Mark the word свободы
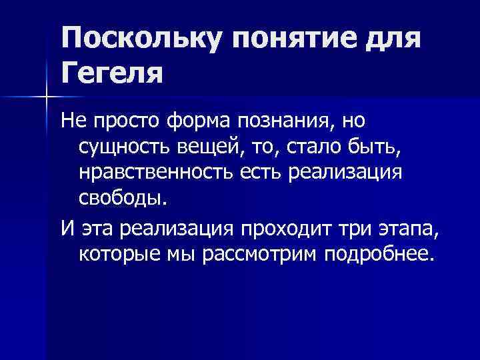119,197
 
